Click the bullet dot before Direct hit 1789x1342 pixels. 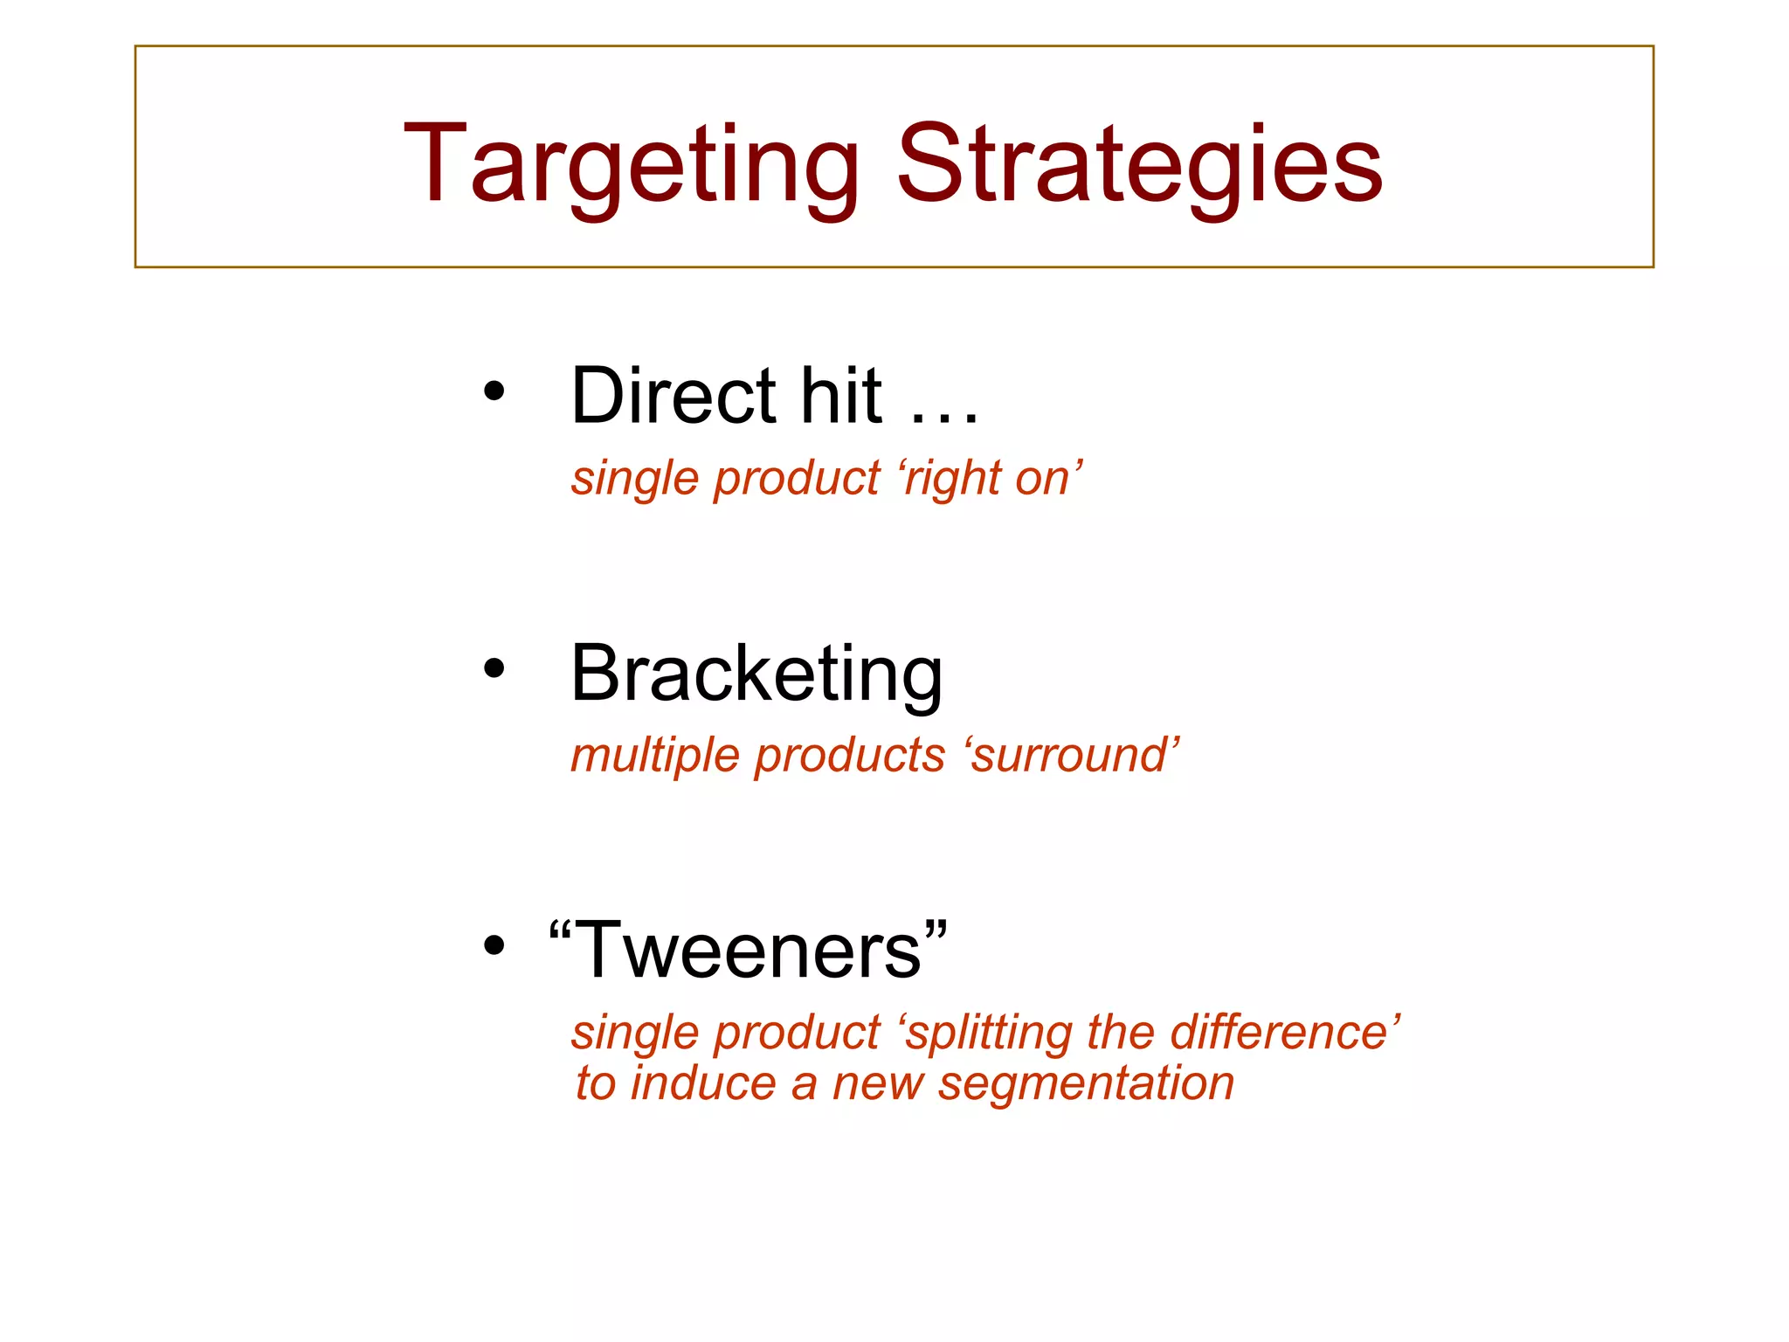coord(494,392)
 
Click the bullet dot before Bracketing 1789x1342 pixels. coord(494,669)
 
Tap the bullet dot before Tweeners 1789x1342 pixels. coord(494,945)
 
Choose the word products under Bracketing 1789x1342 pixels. coord(850,757)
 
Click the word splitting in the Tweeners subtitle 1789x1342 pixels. coord(987,1033)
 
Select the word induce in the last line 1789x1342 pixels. coord(703,1083)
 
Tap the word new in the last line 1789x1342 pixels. coord(877,1085)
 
